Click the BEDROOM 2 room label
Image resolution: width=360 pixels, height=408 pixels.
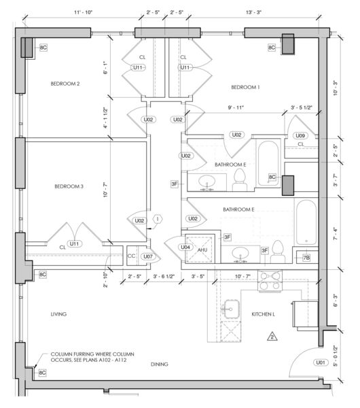[65, 84]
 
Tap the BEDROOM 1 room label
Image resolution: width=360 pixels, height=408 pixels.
[245, 87]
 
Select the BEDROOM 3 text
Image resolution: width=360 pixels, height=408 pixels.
[69, 186]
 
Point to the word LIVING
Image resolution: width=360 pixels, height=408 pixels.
[58, 314]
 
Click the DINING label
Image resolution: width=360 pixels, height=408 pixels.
[160, 364]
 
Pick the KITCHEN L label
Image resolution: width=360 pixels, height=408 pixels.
[263, 314]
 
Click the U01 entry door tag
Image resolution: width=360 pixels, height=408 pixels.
[321, 362]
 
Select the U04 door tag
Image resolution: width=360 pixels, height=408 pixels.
[185, 248]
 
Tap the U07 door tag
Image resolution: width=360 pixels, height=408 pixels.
[148, 256]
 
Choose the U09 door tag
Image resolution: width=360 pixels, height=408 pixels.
[300, 135]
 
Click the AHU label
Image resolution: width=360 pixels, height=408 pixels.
[202, 250]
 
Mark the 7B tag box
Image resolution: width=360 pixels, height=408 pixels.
[306, 258]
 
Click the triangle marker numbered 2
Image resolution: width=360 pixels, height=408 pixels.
[272, 337]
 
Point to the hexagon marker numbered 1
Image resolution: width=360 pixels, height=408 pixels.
[158, 219]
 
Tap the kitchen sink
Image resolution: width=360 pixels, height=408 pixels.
[230, 309]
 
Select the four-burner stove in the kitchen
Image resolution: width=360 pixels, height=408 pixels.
[270, 280]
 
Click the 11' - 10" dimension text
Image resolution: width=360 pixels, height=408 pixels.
[83, 12]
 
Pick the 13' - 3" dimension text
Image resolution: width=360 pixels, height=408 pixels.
[253, 12]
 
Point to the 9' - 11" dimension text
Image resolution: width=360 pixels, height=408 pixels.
[236, 107]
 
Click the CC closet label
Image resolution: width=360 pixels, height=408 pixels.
[131, 256]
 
